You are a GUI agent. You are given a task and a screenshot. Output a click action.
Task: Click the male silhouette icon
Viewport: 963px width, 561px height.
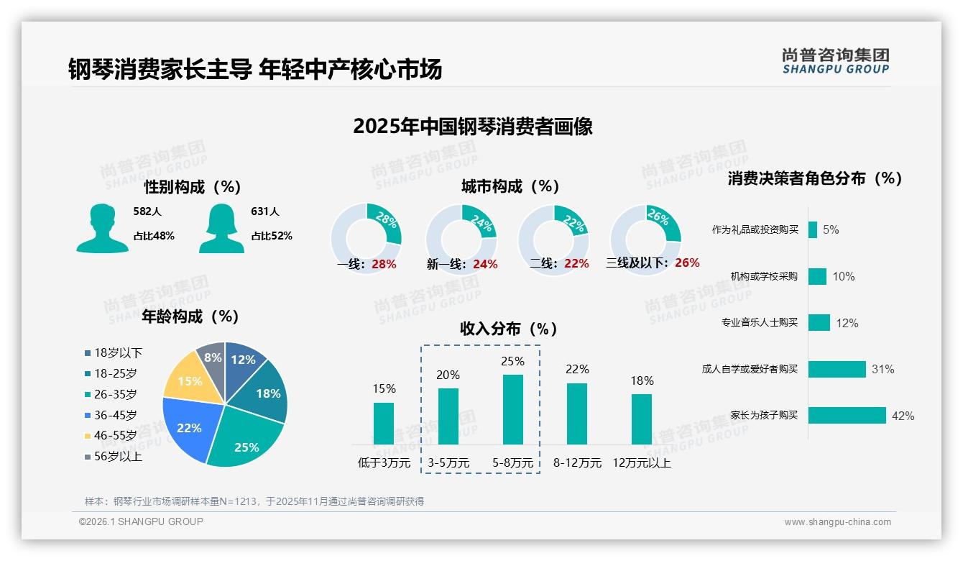[102, 229]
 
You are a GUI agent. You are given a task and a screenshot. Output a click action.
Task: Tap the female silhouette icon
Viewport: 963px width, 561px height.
[221, 229]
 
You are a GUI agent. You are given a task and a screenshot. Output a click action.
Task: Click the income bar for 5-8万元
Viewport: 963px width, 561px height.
[513, 409]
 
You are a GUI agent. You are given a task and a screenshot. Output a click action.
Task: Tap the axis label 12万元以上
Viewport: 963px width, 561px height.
[641, 463]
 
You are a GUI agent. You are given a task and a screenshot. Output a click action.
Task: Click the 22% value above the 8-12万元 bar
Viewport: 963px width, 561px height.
[576, 369]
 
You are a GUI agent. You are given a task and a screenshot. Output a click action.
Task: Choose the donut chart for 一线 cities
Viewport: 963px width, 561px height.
[366, 238]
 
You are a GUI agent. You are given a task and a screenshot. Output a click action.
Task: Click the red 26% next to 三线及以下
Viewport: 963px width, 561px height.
[687, 263]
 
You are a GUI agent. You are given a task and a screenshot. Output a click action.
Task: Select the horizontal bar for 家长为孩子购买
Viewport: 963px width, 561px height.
[847, 415]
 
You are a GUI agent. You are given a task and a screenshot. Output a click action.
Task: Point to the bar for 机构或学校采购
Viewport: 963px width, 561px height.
[817, 276]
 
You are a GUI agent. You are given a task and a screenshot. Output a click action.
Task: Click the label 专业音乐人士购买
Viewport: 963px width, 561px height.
[760, 322]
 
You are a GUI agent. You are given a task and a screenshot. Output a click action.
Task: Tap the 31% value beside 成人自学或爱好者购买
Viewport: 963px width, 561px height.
[883, 369]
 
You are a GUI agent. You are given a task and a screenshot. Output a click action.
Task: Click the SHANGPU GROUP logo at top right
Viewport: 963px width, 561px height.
[835, 61]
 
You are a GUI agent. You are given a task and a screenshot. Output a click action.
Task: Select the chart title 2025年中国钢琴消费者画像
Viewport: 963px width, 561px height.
[472, 127]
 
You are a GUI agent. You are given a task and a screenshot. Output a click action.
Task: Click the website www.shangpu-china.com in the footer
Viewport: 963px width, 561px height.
[837, 522]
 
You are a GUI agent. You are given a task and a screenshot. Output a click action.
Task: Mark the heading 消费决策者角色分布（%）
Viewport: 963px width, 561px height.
[814, 178]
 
